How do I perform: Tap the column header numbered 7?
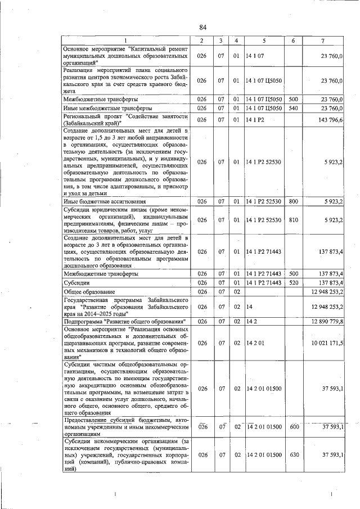point(322,40)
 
